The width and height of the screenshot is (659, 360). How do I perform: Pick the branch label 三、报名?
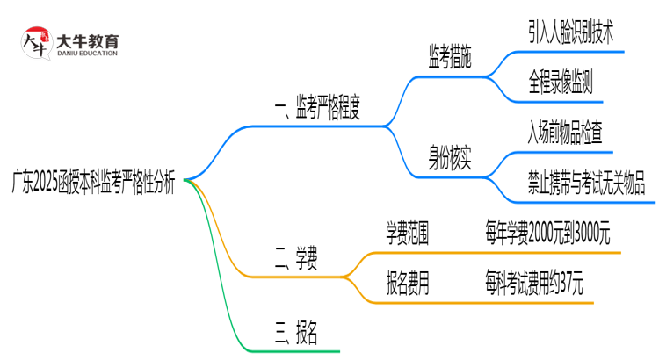[x=295, y=331]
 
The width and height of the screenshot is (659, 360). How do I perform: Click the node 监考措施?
[x=449, y=59]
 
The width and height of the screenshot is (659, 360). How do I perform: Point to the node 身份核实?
[x=449, y=159]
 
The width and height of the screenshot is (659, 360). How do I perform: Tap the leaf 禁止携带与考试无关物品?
[x=586, y=184]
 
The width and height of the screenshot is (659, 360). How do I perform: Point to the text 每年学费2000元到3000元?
[x=547, y=234]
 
